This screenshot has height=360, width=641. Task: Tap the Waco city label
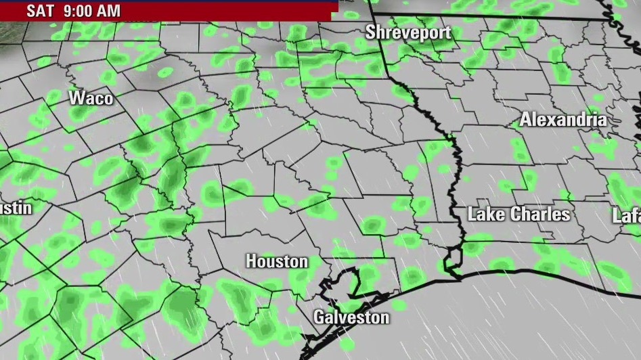tap(91, 98)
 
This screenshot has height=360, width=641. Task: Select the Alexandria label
tap(563, 120)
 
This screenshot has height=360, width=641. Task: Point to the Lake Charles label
tap(519, 215)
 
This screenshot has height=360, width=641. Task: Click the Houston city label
tap(277, 261)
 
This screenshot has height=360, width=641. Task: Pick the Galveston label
tap(351, 317)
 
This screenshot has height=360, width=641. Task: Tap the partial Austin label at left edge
tap(16, 208)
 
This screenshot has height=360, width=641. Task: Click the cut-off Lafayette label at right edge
tap(627, 216)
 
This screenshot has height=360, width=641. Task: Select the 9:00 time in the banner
tap(77, 11)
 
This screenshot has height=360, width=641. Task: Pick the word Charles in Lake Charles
tap(539, 215)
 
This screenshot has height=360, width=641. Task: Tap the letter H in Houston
tap(251, 261)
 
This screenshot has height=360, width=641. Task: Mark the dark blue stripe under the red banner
tap(169, 20)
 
